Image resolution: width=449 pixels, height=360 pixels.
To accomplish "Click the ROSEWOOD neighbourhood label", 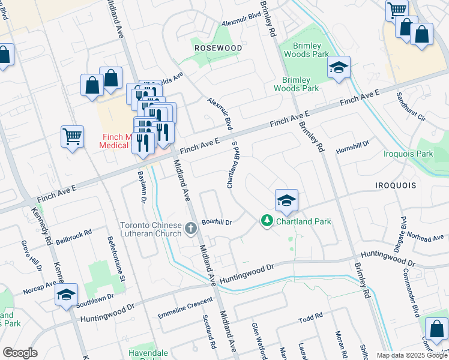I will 218,47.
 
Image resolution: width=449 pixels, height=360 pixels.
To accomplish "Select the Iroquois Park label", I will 408,154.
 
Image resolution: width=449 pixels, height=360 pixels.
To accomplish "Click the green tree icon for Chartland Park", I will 266,221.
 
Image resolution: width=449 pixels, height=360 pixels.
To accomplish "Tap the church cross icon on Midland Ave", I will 191,228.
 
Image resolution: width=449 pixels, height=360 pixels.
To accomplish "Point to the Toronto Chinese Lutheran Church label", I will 151,230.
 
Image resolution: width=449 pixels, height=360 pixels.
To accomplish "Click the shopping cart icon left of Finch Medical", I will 72,136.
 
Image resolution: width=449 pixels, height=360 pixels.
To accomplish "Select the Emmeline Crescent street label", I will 185,308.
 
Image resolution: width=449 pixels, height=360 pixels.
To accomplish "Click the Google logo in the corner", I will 20,353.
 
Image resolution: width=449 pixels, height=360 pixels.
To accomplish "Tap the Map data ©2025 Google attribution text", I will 411,355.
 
